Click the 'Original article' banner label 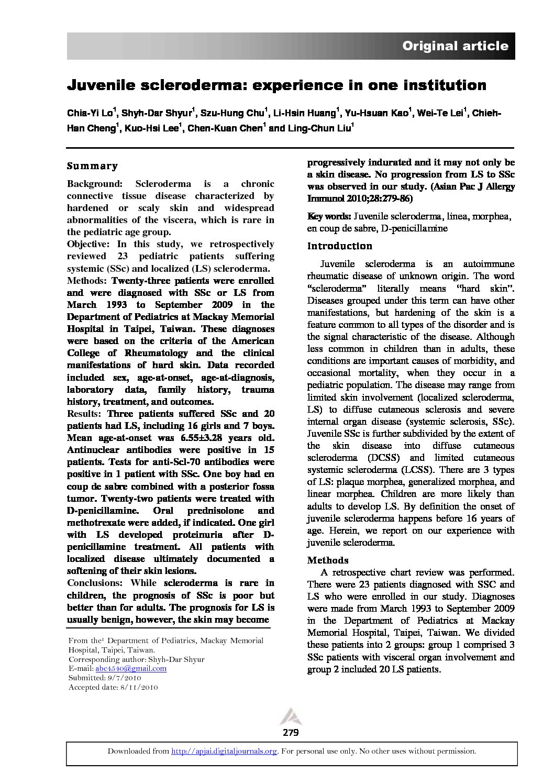(x=455, y=46)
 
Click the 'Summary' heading (x=92, y=166)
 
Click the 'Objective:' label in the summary (x=88, y=244)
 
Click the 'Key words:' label (x=329, y=216)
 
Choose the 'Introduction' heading (x=339, y=246)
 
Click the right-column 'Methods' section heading (x=328, y=560)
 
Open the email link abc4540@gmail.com (x=131, y=668)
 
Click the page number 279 (x=291, y=732)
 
